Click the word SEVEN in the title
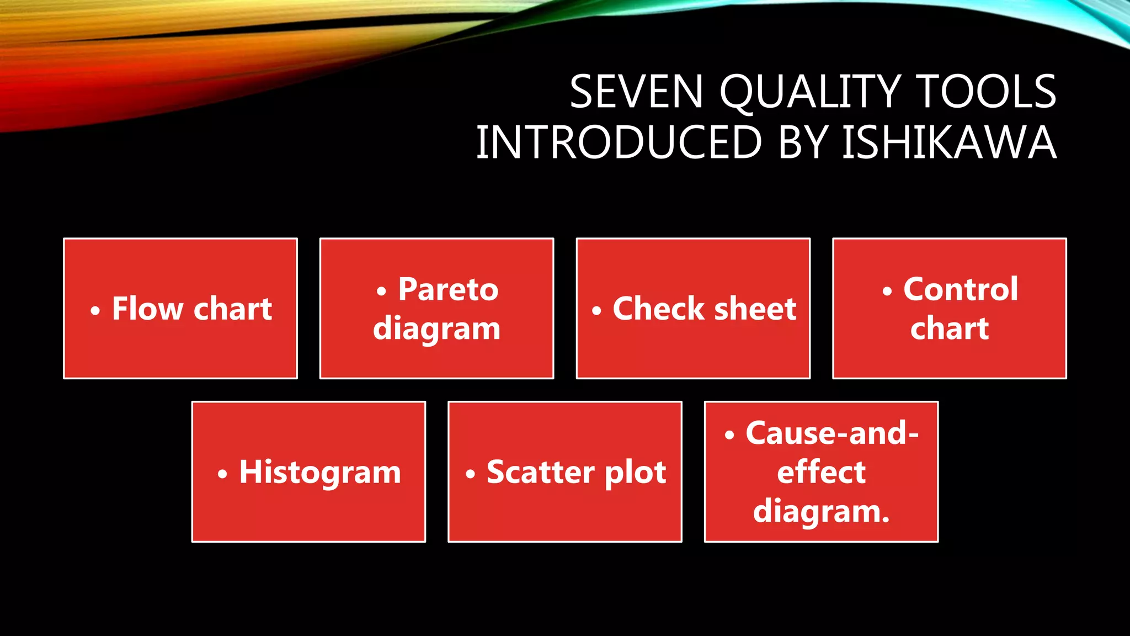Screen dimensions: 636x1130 [636, 92]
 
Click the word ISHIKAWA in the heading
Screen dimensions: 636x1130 [949, 142]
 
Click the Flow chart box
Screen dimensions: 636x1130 [180, 308]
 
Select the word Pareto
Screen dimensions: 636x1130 [448, 289]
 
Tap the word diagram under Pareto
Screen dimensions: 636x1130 [436, 328]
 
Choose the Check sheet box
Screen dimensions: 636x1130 [693, 308]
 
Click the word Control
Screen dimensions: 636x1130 [961, 289]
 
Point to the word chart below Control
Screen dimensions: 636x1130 [949, 328]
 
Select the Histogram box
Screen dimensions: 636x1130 [308, 472]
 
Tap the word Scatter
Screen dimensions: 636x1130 [540, 472]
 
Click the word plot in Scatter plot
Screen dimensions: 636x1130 [636, 472]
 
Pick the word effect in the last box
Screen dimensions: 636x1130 [821, 472]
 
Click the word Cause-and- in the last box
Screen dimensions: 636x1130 [832, 433]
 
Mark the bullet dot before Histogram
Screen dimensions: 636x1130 [222, 474]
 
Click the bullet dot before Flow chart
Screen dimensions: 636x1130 [95, 311]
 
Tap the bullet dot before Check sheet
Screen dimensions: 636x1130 [596, 311]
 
